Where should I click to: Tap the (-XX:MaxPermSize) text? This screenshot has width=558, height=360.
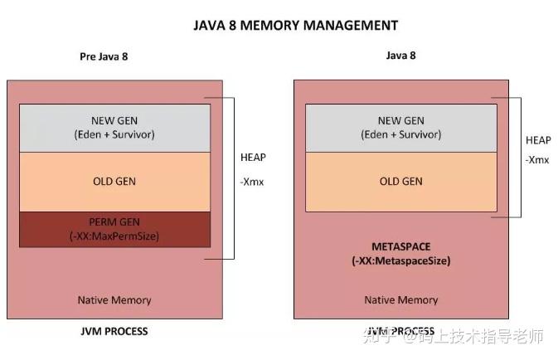coord(114,236)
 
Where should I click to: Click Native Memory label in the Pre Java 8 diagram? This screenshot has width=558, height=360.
coord(114,299)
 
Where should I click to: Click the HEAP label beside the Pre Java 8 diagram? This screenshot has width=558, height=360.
coord(254,157)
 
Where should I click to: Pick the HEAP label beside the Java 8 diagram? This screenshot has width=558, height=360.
coord(538,140)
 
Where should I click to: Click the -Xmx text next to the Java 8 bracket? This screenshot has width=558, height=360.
coord(536,159)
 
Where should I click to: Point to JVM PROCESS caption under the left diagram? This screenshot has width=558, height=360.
coord(114,331)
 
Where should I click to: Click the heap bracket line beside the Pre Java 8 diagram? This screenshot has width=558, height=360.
coord(235,178)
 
